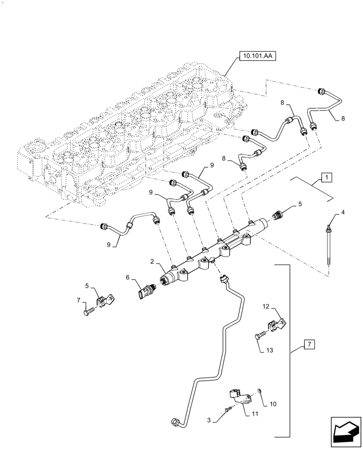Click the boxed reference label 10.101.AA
(258, 57)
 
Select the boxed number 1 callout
(327, 177)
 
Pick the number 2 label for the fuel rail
(152, 261)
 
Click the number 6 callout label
(128, 278)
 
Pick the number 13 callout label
(270, 349)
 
